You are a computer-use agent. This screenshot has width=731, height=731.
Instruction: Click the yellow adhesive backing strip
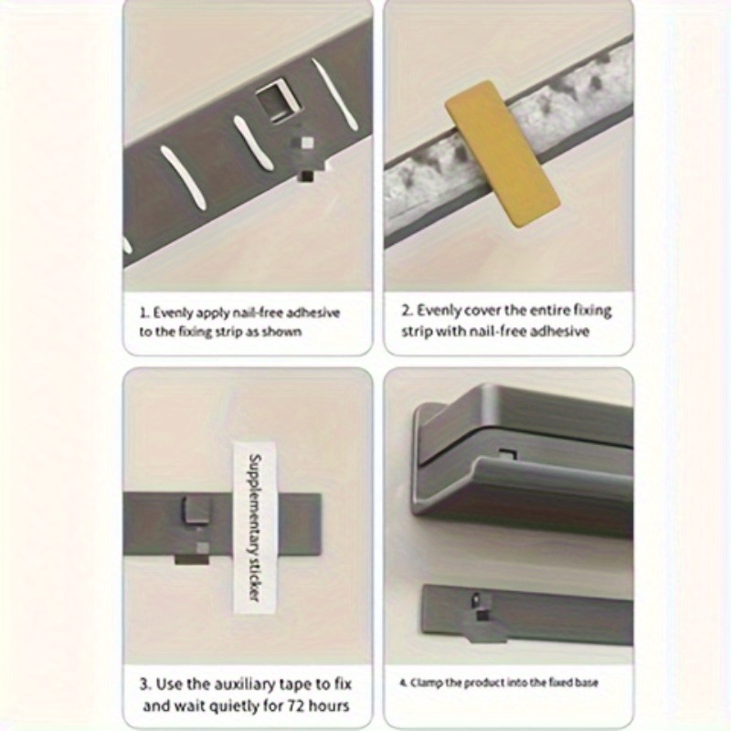(502, 154)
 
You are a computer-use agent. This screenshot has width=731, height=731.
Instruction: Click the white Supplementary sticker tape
(255, 527)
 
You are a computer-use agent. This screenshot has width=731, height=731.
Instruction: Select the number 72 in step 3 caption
(296, 705)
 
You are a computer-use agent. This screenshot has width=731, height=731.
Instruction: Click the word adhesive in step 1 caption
(313, 313)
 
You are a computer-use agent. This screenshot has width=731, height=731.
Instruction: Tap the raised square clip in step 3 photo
(196, 510)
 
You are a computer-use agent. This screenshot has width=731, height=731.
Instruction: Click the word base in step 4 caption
(586, 683)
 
